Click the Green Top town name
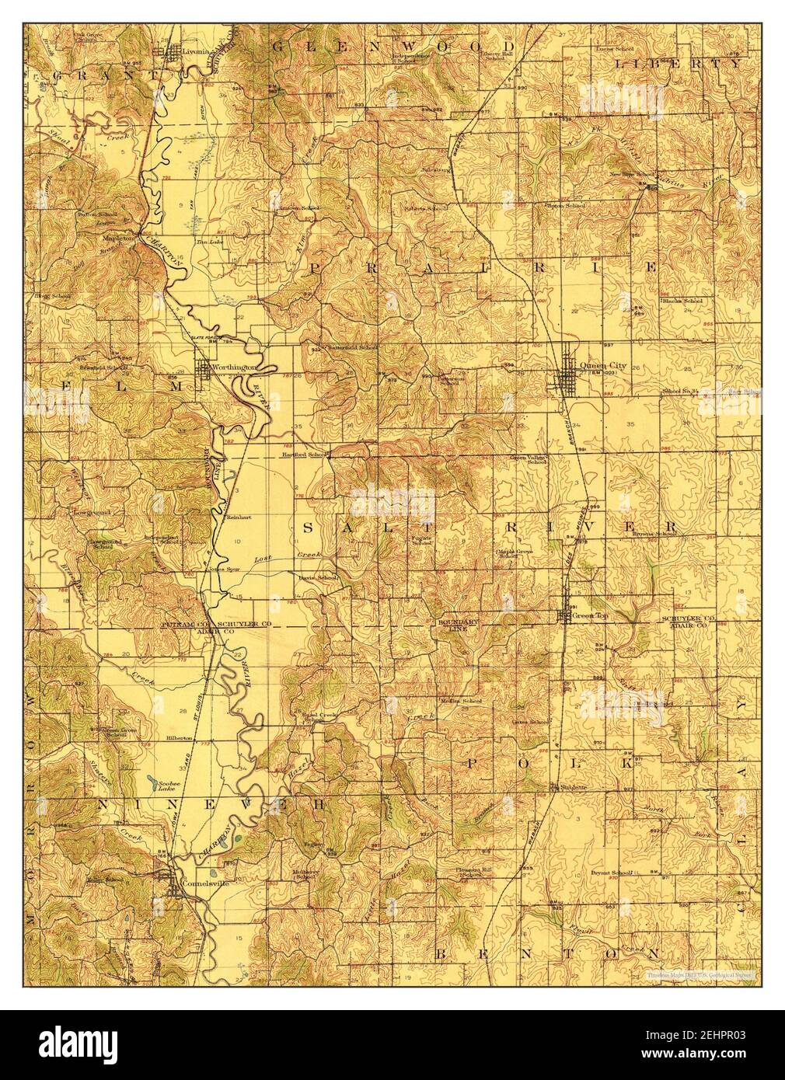click(590, 615)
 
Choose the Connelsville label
click(201, 882)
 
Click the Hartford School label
click(306, 453)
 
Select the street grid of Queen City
click(574, 375)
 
